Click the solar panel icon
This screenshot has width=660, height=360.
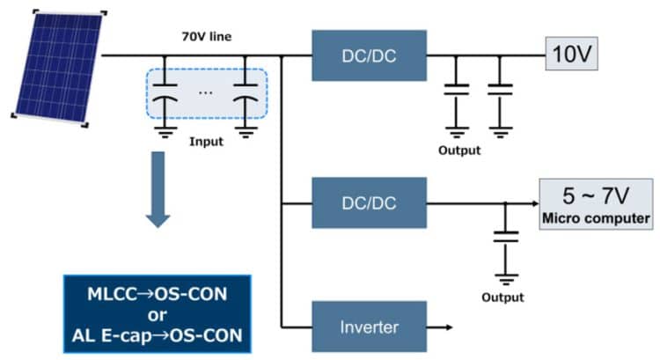pyautogui.click(x=57, y=67)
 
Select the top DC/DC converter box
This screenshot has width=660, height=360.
pyautogui.click(x=369, y=56)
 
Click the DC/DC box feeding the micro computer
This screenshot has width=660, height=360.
pyautogui.click(x=369, y=203)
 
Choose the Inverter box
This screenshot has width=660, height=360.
pyautogui.click(x=369, y=327)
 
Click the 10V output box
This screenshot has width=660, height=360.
pyautogui.click(x=572, y=55)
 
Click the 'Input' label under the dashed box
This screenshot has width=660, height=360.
pyautogui.click(x=207, y=141)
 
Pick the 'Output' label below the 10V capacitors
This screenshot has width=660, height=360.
pyautogui.click(x=459, y=151)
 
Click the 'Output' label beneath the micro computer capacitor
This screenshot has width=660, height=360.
pyautogui.click(x=502, y=298)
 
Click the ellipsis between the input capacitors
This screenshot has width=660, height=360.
pyautogui.click(x=206, y=91)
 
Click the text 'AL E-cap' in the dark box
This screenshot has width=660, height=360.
pyautogui.click(x=117, y=336)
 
